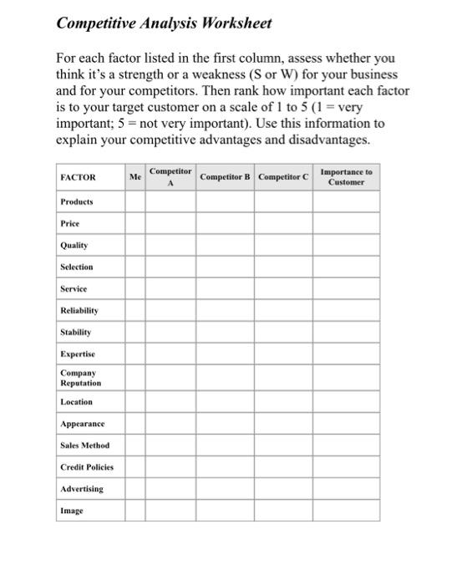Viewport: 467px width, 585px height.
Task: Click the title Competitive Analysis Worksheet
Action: [x=164, y=23]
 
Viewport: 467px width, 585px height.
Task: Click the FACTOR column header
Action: [x=79, y=178]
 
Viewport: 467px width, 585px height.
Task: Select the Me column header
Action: [x=135, y=177]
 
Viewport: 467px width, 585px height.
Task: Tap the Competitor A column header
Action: [x=170, y=177]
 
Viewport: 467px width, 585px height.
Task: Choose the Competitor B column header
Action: [x=226, y=178]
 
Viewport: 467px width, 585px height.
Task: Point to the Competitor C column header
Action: [x=283, y=178]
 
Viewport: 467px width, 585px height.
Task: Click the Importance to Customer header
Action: [x=346, y=177]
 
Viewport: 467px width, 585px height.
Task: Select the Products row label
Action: [x=77, y=202]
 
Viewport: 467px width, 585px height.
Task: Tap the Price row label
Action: [x=69, y=224]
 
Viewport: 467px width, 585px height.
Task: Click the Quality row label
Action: [x=74, y=246]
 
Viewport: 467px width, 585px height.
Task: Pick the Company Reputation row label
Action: [x=80, y=378]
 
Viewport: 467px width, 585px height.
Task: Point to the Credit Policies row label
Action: [x=86, y=466]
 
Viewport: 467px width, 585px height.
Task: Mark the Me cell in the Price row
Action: [x=135, y=224]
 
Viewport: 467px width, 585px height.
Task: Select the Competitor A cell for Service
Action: [x=170, y=289]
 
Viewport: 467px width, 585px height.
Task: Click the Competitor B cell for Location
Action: [x=226, y=402]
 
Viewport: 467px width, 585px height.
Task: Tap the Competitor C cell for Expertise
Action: [x=283, y=354]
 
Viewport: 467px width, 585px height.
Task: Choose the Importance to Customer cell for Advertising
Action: [x=346, y=488]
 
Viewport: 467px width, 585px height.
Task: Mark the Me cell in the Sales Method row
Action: [x=135, y=445]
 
